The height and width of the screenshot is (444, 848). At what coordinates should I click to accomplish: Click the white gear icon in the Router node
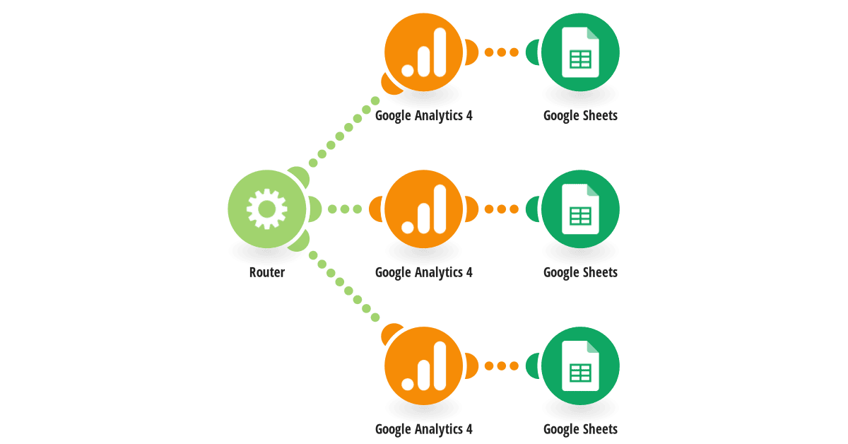(x=267, y=209)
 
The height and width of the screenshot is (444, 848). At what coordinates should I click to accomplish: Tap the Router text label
(x=267, y=272)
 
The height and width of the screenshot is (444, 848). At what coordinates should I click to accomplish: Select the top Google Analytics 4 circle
(x=423, y=52)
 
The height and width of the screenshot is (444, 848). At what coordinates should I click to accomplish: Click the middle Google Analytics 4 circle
(x=423, y=209)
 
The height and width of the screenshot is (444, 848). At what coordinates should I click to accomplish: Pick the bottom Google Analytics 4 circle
(x=423, y=366)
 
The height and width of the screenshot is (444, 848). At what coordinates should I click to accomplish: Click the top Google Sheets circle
(x=580, y=52)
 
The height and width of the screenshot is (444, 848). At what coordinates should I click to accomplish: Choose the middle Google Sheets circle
(x=580, y=209)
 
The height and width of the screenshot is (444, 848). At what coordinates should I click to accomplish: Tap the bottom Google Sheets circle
(x=580, y=366)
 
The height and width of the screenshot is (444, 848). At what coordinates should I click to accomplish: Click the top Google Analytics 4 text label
(x=423, y=116)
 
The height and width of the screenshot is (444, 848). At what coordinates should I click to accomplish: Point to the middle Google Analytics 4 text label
(x=423, y=273)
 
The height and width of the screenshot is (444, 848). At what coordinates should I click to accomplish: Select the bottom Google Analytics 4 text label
(x=423, y=430)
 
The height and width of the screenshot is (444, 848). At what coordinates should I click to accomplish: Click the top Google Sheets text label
(x=580, y=116)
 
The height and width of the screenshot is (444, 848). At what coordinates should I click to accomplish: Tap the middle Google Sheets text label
(x=580, y=273)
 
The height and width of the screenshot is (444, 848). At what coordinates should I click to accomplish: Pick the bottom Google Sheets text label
(x=580, y=430)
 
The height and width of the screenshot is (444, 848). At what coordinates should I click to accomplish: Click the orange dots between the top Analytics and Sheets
(x=502, y=52)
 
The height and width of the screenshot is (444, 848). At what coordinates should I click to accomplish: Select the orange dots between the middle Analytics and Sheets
(x=502, y=209)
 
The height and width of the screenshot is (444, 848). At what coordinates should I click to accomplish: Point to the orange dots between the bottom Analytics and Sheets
(x=502, y=366)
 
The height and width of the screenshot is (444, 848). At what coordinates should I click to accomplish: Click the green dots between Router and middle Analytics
(x=345, y=209)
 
